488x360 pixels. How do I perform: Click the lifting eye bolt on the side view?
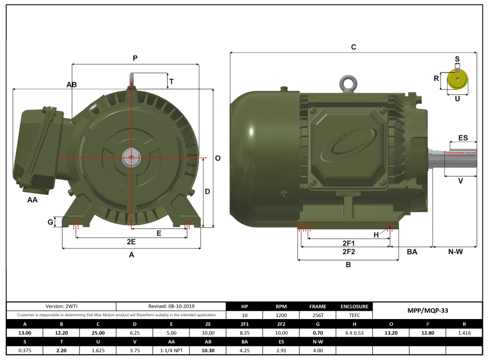[x=347, y=82]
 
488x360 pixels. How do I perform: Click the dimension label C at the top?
[x=354, y=47]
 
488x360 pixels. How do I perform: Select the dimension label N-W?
[x=455, y=252]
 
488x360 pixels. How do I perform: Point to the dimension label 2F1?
[x=348, y=243]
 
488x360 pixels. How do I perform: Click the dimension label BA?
[x=412, y=252]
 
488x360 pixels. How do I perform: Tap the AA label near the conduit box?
[x=33, y=199]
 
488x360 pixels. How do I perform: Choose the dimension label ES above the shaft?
[x=463, y=138]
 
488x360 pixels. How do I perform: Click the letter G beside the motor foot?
[x=50, y=222]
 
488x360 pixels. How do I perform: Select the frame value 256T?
[x=317, y=315]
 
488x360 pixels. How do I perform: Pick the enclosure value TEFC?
[x=354, y=315]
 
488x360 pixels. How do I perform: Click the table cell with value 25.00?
[x=98, y=333]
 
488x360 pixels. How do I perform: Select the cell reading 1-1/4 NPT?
[x=171, y=351]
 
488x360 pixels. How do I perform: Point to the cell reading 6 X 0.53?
[x=354, y=333]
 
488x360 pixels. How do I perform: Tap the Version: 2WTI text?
[x=61, y=306]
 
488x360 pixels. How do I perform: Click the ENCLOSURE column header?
[x=354, y=306]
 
